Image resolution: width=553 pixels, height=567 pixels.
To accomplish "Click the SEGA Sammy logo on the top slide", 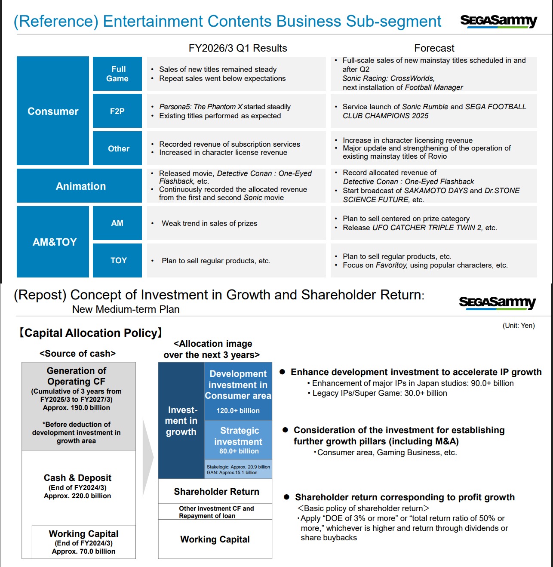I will tap(498, 21).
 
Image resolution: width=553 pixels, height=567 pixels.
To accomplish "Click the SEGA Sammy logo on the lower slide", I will tap(497, 302).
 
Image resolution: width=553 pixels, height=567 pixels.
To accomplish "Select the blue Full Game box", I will tap(117, 74).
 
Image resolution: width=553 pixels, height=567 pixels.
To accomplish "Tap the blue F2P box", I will tap(117, 111).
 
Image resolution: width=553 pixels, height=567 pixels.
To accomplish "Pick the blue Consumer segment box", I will tap(53, 111).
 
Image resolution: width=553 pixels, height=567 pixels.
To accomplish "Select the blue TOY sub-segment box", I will tap(117, 260).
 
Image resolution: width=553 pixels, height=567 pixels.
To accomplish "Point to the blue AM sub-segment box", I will tap(117, 223).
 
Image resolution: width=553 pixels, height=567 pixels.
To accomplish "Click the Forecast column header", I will tap(434, 48).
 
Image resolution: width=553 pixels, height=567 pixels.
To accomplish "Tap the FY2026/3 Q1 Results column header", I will tap(238, 48).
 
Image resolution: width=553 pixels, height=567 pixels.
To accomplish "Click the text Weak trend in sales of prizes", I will tap(209, 223).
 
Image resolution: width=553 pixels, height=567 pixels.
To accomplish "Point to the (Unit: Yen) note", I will tap(519, 326).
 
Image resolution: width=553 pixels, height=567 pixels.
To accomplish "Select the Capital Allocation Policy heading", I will tap(91, 333).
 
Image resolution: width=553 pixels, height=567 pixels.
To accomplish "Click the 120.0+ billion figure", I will tap(238, 410).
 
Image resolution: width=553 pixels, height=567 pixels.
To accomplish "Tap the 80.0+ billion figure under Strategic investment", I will tap(239, 451).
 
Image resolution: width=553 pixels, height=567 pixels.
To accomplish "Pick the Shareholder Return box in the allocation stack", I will tap(216, 491).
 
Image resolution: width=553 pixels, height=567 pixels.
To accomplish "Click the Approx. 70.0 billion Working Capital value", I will tap(83, 551).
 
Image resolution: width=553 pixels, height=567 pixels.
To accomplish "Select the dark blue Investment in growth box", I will tap(181, 421).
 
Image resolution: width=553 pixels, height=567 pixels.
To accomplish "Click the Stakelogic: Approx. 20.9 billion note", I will tap(238, 467).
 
